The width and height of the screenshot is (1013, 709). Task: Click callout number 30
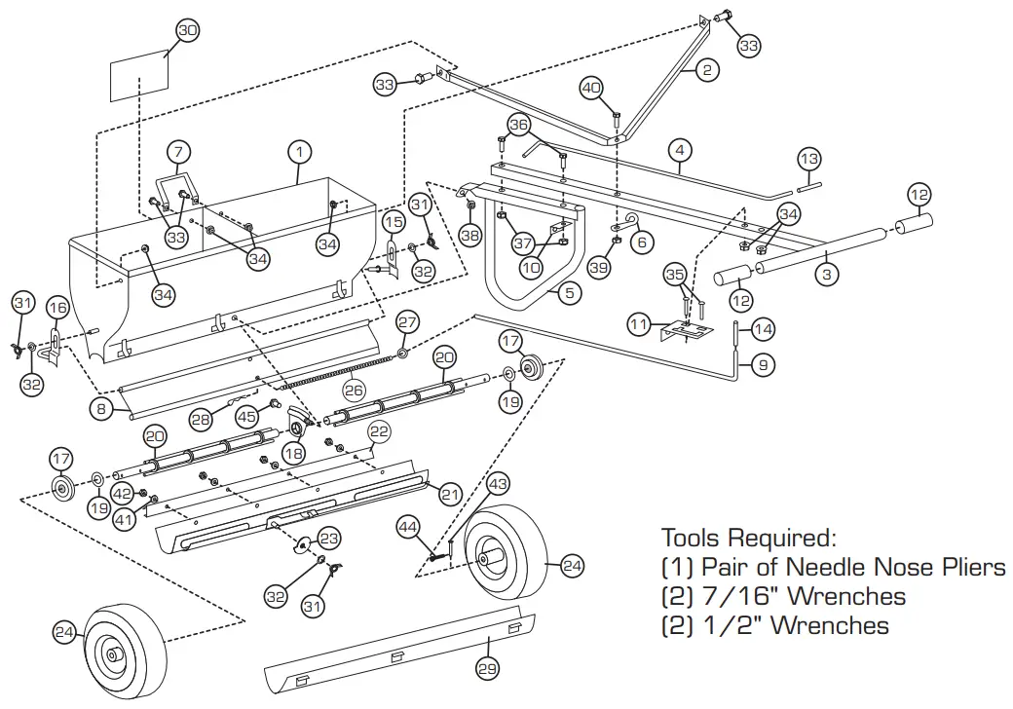point(187,31)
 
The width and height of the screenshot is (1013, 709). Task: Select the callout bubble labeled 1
point(301,152)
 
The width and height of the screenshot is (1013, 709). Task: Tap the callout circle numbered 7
point(178,153)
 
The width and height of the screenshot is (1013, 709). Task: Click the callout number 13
point(809,159)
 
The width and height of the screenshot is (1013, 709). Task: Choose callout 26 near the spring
point(354,391)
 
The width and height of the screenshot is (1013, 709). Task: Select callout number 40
point(591,88)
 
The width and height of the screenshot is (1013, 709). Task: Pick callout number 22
point(379,430)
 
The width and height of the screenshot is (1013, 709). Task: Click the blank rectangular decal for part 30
point(138,78)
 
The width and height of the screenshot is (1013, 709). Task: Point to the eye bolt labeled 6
point(629,220)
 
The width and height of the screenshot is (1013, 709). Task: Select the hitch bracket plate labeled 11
point(690,333)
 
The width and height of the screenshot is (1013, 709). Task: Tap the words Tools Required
point(748,538)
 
